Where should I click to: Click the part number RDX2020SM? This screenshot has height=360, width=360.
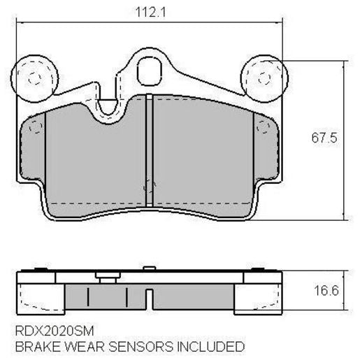tap(54, 329)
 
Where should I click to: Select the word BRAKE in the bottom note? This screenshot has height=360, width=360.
tap(34, 346)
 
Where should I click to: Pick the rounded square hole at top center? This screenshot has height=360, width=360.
tap(149, 71)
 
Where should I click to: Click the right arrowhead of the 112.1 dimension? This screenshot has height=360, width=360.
tap(279, 22)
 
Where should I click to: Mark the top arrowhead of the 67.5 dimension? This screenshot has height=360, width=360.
tap(343, 64)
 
